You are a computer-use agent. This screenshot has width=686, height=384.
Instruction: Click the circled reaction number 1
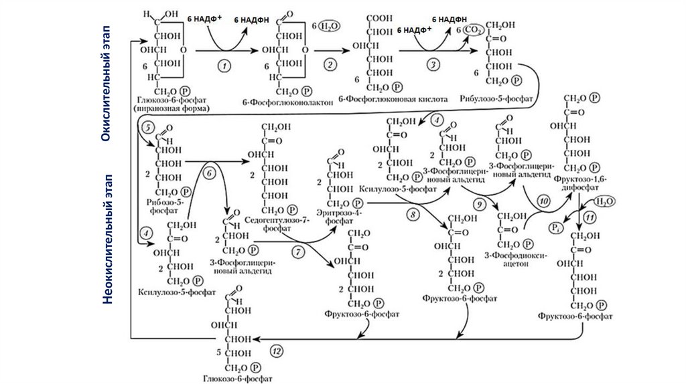point(224,65)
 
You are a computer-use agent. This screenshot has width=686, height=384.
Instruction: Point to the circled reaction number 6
point(208,173)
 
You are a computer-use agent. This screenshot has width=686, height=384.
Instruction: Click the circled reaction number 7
point(299,252)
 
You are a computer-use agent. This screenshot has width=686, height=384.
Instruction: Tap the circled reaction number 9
point(478,203)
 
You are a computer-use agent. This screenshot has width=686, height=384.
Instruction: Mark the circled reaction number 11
point(590,217)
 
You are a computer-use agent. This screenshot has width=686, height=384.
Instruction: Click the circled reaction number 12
point(277,350)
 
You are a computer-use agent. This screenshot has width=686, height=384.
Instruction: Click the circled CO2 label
point(474,30)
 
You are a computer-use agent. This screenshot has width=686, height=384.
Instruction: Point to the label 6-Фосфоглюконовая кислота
point(393,98)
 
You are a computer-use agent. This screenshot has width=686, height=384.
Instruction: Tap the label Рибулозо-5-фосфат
point(496,98)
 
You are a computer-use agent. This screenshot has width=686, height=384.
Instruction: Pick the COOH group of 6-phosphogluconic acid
point(380,17)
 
